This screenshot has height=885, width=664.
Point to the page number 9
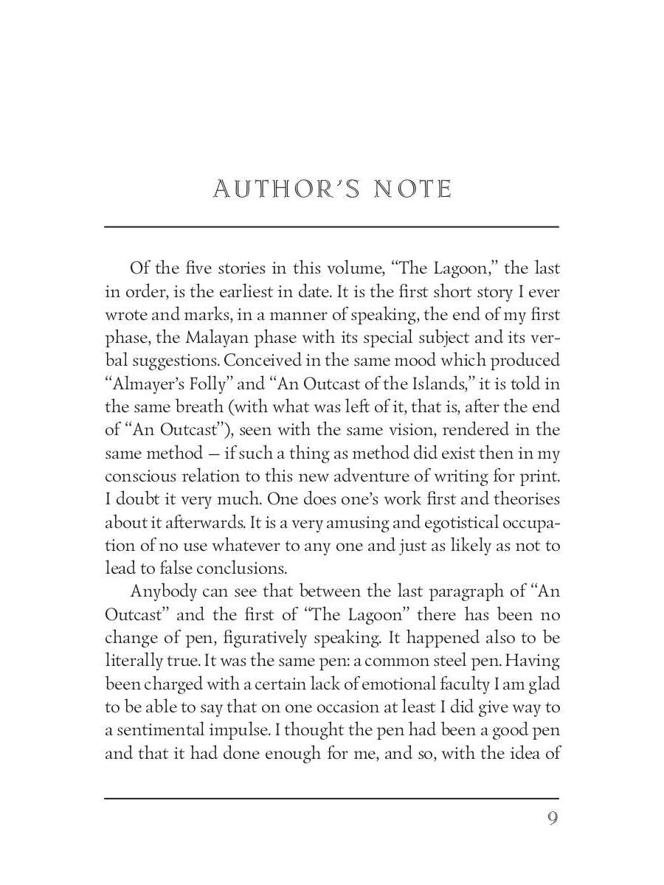point(552,819)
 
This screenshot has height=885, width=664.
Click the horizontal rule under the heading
point(331,226)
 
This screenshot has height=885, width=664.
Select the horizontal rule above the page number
point(331,798)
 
